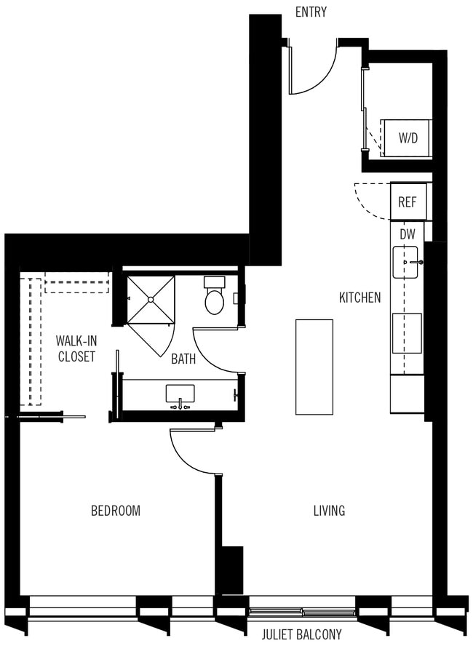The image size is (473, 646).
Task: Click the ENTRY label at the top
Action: click(311, 12)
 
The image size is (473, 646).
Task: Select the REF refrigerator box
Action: click(407, 202)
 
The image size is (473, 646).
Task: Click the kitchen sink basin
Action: click(406, 262)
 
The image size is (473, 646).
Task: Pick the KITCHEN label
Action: click(359, 298)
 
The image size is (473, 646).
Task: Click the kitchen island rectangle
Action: click(314, 367)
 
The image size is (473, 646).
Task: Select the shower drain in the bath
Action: click(151, 298)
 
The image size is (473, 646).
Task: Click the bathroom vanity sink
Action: click(180, 394)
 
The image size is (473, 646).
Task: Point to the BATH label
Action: click(183, 359)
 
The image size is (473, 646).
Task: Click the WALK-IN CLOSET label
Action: click(76, 348)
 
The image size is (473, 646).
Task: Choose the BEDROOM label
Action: click(115, 511)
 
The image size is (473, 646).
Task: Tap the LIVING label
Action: click(329, 511)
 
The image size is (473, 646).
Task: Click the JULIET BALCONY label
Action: click(301, 634)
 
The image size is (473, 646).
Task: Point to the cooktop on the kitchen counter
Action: click(407, 333)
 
